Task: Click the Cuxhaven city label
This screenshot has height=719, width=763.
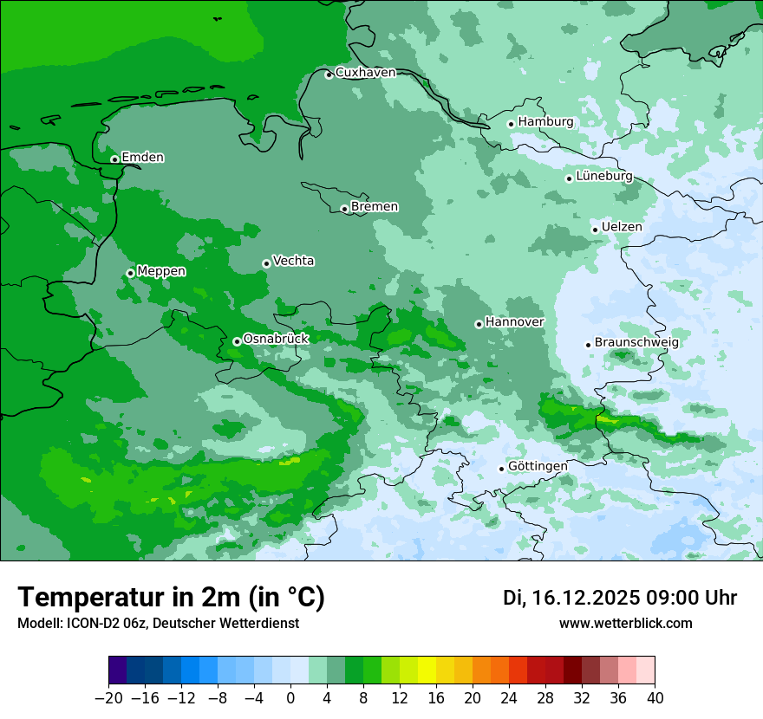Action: (365, 73)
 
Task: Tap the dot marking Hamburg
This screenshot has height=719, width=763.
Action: (511, 124)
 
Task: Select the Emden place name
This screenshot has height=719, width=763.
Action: (142, 158)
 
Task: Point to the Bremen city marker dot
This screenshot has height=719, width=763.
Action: (344, 209)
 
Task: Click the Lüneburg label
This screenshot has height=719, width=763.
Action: (603, 177)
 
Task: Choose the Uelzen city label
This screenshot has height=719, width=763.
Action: (622, 227)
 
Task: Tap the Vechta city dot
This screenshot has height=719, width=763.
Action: (266, 263)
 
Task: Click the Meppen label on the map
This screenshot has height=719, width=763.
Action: (161, 272)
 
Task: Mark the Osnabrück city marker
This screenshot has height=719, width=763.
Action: (237, 341)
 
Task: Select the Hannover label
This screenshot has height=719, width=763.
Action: (514, 322)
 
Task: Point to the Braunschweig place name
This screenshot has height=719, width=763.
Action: (636, 343)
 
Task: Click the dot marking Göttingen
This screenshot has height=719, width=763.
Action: (501, 469)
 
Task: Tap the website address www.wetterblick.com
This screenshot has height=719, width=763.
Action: (625, 624)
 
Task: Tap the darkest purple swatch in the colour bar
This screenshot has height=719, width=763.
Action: (118, 670)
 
